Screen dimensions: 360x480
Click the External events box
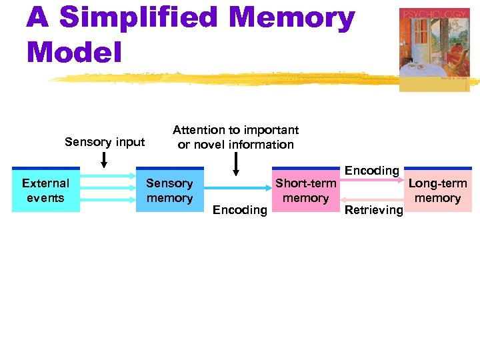point(45,190)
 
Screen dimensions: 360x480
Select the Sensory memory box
point(169,190)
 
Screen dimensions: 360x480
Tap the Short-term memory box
point(305,190)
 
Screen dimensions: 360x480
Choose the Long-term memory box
point(437,190)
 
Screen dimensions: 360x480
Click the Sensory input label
point(105,141)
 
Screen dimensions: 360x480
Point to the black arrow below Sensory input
point(104,159)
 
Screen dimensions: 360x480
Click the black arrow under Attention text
point(235,164)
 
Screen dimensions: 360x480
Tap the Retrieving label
point(373,210)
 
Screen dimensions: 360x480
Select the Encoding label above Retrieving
point(371,171)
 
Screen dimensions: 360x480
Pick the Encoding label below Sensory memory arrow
point(239,210)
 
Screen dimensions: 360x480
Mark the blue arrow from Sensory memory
point(237,188)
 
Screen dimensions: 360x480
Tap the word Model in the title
point(75,51)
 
